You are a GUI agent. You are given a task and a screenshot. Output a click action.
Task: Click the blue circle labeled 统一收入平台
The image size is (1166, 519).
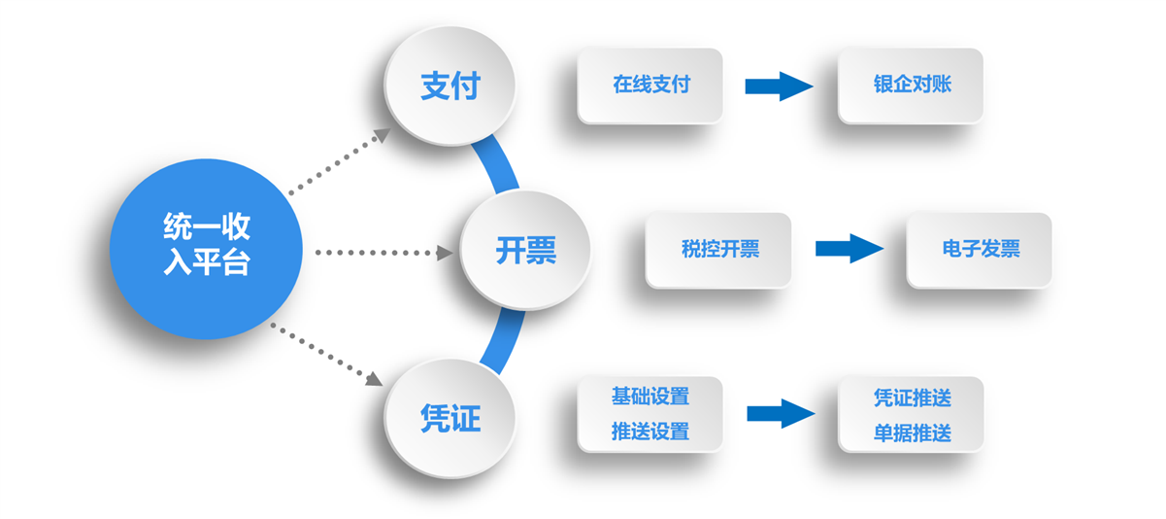pyautogui.click(x=206, y=249)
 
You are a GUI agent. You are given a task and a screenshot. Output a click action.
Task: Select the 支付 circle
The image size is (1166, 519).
pyautogui.click(x=450, y=86)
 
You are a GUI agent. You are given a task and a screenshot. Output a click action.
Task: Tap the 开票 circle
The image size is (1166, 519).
pyautogui.click(x=525, y=250)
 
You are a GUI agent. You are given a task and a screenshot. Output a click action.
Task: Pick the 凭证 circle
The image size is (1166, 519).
pyautogui.click(x=450, y=419)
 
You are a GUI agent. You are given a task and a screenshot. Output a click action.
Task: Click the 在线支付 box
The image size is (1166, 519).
pyautogui.click(x=650, y=86)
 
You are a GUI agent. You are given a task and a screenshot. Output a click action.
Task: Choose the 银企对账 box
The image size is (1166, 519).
pyautogui.click(x=911, y=86)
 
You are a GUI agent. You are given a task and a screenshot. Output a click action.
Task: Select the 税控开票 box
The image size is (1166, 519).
pyautogui.click(x=718, y=250)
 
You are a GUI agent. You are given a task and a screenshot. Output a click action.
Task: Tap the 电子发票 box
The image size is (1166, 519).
pyautogui.click(x=980, y=250)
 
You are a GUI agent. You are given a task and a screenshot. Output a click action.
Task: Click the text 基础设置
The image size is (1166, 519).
pyautogui.click(x=650, y=397)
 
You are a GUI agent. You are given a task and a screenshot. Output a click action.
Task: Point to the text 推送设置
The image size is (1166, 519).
pyautogui.click(x=650, y=432)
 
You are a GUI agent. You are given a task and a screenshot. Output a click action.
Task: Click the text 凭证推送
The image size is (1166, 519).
pyautogui.click(x=912, y=398)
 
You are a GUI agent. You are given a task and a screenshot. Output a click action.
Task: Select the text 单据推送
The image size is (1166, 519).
pyautogui.click(x=912, y=433)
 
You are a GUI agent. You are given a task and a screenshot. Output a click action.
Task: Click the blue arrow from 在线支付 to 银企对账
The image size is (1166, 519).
pyautogui.click(x=780, y=86)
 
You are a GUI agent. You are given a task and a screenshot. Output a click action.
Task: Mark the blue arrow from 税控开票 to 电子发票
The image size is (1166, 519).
pyautogui.click(x=850, y=249)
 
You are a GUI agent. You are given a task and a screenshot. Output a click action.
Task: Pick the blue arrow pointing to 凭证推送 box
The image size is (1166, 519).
pyautogui.click(x=781, y=414)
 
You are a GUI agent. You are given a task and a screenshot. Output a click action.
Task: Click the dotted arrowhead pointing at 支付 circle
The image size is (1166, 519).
pyautogui.click(x=383, y=135)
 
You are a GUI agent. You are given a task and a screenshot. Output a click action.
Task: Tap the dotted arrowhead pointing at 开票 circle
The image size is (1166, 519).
pyautogui.click(x=445, y=254)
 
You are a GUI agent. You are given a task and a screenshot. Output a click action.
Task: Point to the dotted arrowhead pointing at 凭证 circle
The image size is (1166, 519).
pyautogui.click(x=374, y=379)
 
